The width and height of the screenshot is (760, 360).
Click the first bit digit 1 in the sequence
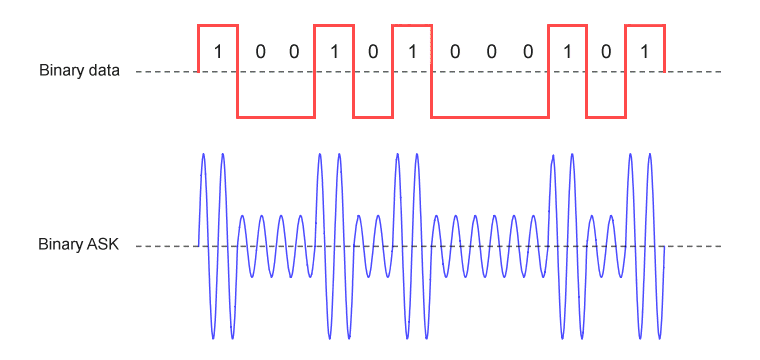coord(218,51)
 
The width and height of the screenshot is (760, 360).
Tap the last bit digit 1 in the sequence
coord(644,51)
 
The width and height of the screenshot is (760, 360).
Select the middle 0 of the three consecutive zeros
coord(491,51)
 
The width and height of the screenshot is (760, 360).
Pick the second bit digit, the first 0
coord(260,51)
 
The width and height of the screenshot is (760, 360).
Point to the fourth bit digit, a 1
coord(334,51)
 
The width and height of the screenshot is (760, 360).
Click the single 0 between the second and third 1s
coord(372,51)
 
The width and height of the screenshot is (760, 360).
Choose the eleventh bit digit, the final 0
coord(606,51)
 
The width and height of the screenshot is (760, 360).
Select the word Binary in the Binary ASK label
coord(59,246)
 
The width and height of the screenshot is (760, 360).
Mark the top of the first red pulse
coord(218,25)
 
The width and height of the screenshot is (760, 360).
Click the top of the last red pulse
coord(645,25)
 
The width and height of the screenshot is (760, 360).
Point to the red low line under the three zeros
coord(490,117)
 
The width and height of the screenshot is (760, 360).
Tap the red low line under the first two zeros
coord(276,117)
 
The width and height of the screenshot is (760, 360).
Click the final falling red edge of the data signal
coord(664,48)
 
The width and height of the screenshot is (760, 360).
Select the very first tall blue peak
coord(203,155)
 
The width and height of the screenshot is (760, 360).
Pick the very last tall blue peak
coord(649,155)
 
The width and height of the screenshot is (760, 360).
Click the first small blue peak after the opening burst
coord(242,216)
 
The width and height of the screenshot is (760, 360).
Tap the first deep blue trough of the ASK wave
coord(213,337)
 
